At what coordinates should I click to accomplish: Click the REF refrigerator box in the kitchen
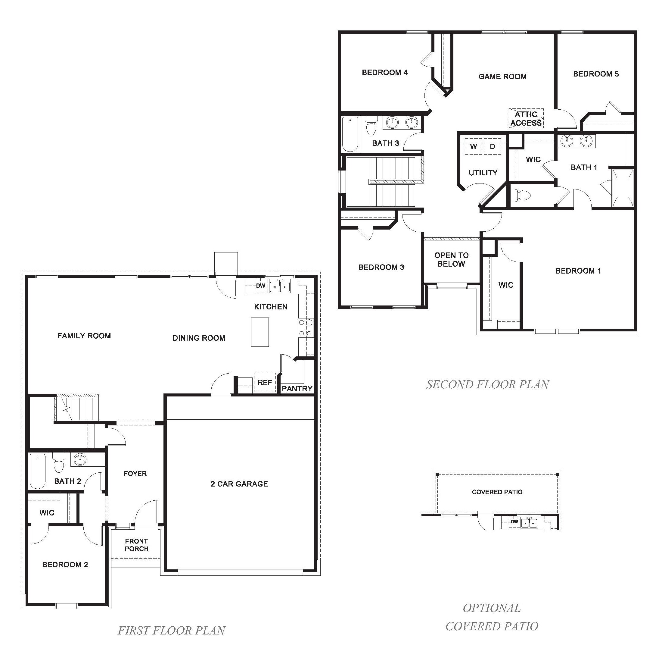point(265,383)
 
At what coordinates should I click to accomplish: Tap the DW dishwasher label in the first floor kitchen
point(260,286)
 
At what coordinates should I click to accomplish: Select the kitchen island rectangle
point(260,332)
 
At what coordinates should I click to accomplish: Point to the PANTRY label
point(297,389)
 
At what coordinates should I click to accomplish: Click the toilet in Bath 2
point(59,464)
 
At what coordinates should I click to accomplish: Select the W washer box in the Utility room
point(473,146)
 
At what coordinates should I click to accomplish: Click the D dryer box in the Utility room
point(492,146)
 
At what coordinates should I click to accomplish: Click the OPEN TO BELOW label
point(451,259)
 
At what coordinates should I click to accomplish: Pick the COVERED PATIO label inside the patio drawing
point(497,492)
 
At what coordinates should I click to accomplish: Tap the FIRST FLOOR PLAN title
point(172,631)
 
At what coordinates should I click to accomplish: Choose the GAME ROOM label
point(502,77)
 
